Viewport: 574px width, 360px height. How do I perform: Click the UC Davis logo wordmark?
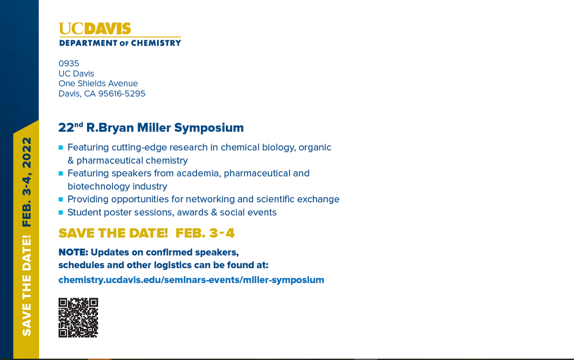click(x=95, y=29)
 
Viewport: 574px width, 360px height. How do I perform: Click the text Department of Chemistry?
click(x=120, y=43)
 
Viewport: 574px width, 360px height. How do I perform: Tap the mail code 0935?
click(x=68, y=63)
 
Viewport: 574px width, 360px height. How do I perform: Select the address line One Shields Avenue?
click(x=98, y=83)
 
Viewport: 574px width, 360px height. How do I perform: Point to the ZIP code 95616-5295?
click(x=121, y=94)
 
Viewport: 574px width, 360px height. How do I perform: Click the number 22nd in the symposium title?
click(x=71, y=128)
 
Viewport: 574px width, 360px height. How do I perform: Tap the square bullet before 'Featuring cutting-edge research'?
click(x=61, y=147)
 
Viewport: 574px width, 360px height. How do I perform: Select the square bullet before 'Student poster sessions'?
click(x=61, y=212)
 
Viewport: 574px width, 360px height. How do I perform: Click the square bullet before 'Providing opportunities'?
click(x=61, y=199)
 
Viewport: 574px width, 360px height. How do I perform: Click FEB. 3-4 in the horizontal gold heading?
click(x=205, y=233)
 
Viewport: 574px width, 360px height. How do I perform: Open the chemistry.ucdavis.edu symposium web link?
click(x=191, y=280)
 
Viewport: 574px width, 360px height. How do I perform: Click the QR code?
click(x=78, y=317)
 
